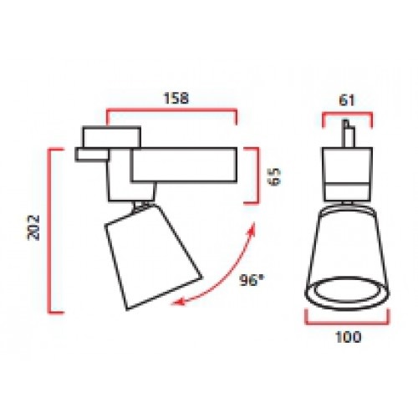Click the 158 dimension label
tap(176, 98)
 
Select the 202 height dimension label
tap(33, 227)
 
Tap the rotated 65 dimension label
tap(274, 176)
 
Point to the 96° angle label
tap(252, 280)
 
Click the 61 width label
tap(347, 100)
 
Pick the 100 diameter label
tap(348, 337)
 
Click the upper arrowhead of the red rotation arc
tap(252, 229)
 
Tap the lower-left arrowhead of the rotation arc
tap(178, 302)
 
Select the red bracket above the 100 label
tap(348, 324)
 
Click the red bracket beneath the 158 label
tap(171, 110)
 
